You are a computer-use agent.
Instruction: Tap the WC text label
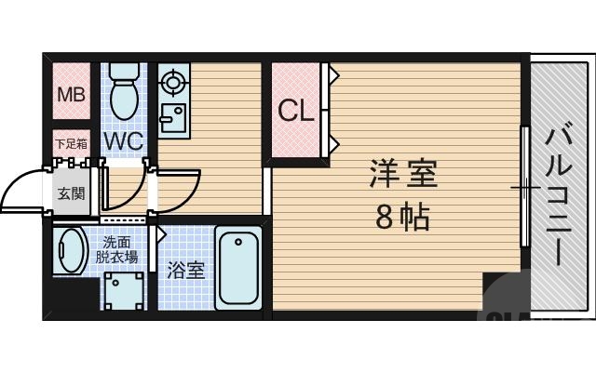coord(122,141)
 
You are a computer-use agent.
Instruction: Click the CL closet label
coord(297,111)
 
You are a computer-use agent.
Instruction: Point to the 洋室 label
coord(403,173)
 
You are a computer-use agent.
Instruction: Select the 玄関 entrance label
coord(71,194)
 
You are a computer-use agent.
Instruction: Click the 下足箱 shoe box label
coord(71,144)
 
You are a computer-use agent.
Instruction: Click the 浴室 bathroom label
coord(185,271)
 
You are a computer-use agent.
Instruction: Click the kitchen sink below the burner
coord(173,118)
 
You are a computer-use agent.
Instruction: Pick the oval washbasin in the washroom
coord(72,252)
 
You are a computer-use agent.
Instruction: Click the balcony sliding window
coord(524,187)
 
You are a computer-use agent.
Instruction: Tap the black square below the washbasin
coord(74,299)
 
